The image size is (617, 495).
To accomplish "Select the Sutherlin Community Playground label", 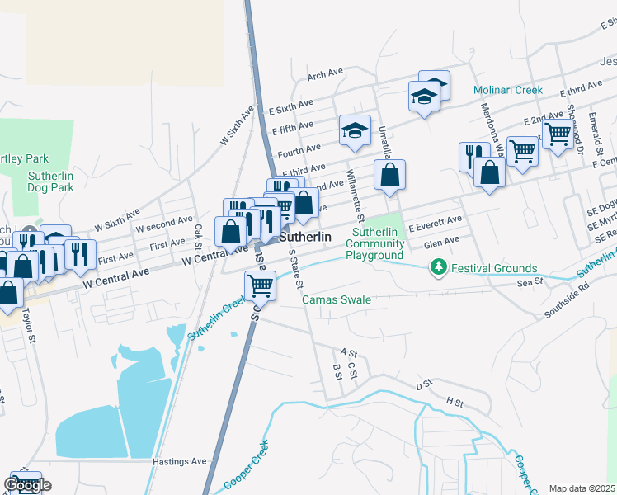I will click(x=374, y=243).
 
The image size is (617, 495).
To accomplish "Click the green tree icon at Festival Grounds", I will click(x=439, y=267).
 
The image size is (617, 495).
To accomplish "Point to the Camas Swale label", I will click(x=337, y=299).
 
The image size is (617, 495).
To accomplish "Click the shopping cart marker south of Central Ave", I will click(x=260, y=285).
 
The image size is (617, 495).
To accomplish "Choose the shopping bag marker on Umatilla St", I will click(x=389, y=175).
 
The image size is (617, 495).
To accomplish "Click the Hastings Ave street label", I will click(x=179, y=462).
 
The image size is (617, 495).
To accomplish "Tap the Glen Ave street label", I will click(x=440, y=242).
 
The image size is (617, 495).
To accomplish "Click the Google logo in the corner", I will click(x=27, y=485).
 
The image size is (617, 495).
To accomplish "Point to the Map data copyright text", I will click(x=582, y=488).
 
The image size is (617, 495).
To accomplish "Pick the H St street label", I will click(x=455, y=400).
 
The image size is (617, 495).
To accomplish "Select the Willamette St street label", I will click(x=356, y=190).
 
